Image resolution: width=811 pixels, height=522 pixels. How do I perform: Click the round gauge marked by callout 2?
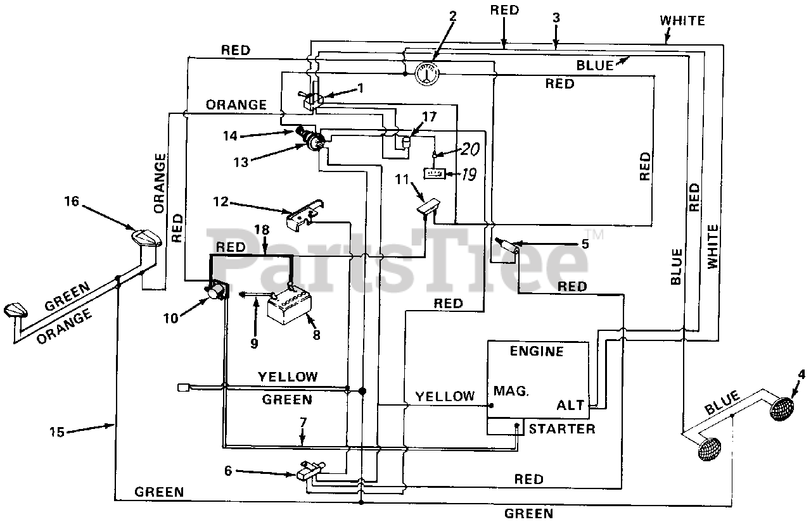[427, 73]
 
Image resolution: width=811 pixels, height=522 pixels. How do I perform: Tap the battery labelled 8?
[288, 304]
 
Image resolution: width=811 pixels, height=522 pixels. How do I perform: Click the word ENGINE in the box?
[536, 351]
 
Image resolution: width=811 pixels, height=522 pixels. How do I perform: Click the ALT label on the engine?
[570, 406]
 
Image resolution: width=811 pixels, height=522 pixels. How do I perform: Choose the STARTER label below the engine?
[562, 430]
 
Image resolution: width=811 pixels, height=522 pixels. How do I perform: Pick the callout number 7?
[303, 421]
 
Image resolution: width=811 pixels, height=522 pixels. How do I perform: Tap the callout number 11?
[401, 180]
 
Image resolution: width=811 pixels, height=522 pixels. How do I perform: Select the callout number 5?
[585, 243]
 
